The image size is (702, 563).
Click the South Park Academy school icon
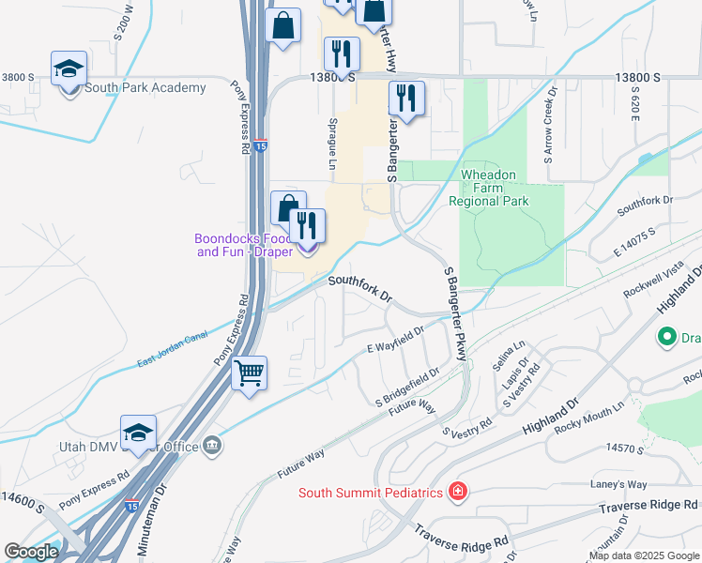[69, 70]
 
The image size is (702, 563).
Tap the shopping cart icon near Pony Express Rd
[249, 373]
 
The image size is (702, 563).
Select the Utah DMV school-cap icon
[138, 433]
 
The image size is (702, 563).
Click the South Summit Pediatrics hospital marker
[457, 492]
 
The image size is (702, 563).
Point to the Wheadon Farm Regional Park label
[488, 188]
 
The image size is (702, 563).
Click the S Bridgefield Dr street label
[407, 385]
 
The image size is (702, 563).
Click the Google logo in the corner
[31, 552]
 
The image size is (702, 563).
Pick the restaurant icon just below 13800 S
[407, 98]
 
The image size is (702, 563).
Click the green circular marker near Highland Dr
[667, 335]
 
